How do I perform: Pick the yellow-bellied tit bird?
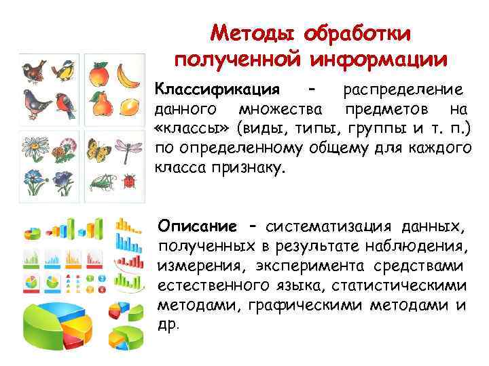tap(65, 70)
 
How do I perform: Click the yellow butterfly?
tap(99, 152)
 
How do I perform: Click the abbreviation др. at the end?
tap(168, 323)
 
